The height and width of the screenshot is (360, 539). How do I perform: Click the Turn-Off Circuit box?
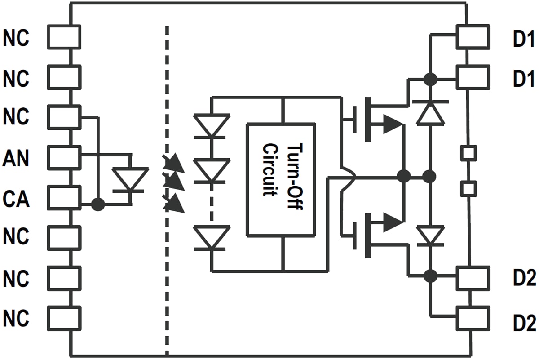click(281, 179)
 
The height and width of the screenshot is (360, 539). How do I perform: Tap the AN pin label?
click(17, 158)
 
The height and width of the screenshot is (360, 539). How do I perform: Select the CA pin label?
click(17, 199)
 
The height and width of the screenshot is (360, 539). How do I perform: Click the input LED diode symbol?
click(130, 180)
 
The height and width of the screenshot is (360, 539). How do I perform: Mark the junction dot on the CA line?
click(97, 204)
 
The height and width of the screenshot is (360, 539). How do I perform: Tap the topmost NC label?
click(17, 39)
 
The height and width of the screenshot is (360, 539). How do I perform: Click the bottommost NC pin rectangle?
click(64, 318)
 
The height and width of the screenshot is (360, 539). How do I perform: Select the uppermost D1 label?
click(524, 40)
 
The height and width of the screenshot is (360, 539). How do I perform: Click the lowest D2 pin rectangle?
click(473, 318)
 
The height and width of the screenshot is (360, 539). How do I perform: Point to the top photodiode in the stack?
click(212, 125)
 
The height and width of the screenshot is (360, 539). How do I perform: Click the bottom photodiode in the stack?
click(212, 237)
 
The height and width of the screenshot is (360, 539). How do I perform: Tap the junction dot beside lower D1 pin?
click(430, 80)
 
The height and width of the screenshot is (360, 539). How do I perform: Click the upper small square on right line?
click(468, 152)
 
